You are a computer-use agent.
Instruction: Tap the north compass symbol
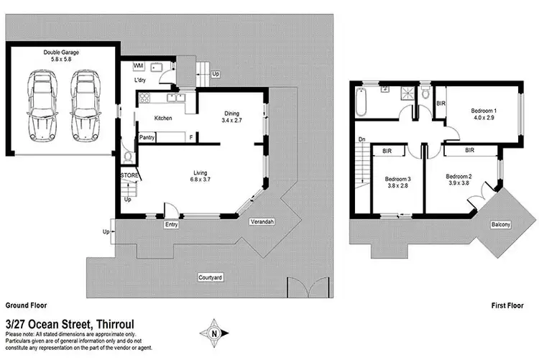click(213, 333)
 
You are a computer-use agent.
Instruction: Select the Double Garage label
click(61, 53)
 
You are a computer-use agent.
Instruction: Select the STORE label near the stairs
click(129, 174)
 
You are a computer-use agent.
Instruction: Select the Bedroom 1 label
click(484, 110)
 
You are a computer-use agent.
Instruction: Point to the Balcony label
click(501, 226)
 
